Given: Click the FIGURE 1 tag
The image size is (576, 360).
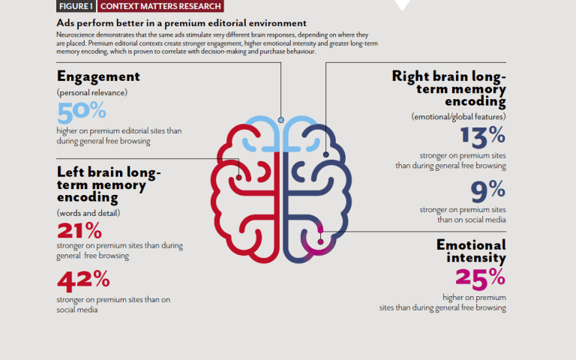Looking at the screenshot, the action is pyautogui.click(x=76, y=6).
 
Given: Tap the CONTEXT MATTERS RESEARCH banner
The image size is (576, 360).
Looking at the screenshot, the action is pyautogui.click(x=160, y=6).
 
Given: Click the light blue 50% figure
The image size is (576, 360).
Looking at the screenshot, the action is pyautogui.click(x=82, y=112).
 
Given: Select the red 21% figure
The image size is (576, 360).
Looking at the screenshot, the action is pyautogui.click(x=79, y=231).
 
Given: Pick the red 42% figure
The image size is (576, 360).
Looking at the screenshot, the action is pyautogui.click(x=83, y=280).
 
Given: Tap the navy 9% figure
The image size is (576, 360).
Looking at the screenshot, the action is pyautogui.click(x=488, y=191).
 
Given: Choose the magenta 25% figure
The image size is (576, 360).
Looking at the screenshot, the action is pyautogui.click(x=481, y=278).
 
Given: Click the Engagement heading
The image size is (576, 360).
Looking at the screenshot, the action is pyautogui.click(x=98, y=76).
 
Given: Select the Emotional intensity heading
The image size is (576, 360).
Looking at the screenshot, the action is pyautogui.click(x=471, y=251).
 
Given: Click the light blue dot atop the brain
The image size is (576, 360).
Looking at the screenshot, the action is pyautogui.click(x=281, y=120).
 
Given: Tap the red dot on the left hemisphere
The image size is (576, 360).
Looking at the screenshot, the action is pyautogui.click(x=238, y=178).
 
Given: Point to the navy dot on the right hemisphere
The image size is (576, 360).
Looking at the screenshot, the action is pyautogui.click(x=325, y=154).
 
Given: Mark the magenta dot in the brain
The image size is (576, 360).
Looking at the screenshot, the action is pyautogui.click(x=320, y=241).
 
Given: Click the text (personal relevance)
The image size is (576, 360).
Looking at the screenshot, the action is pyautogui.click(x=92, y=92).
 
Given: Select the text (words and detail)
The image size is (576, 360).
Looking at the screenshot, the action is pyautogui.click(x=88, y=213).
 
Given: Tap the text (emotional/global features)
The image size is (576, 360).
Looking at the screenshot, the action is pyautogui.click(x=458, y=117).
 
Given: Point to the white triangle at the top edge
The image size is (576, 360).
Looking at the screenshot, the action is pyautogui.click(x=402, y=4).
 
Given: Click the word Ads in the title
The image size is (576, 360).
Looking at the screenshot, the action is pyautogui.click(x=65, y=23).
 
